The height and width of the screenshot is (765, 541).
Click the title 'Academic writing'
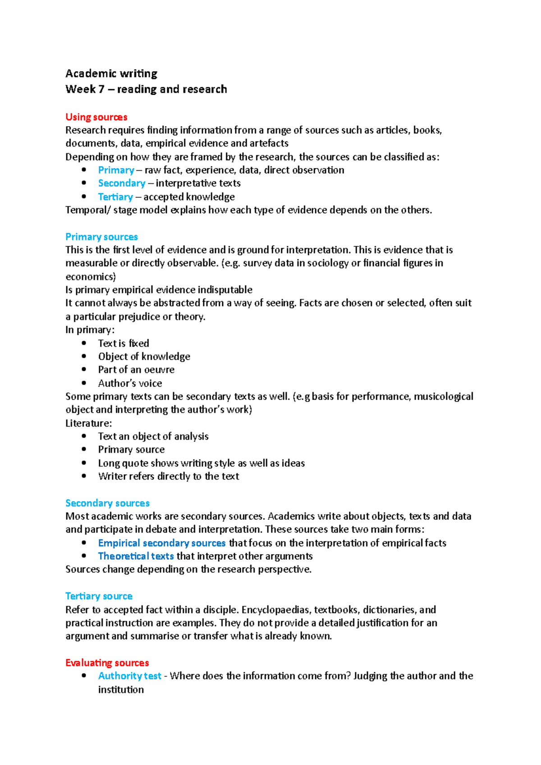[x=111, y=73]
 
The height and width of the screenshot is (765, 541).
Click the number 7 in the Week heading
[x=101, y=89]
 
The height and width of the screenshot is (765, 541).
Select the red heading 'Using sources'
[x=96, y=117]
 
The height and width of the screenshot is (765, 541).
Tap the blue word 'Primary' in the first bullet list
[x=116, y=170]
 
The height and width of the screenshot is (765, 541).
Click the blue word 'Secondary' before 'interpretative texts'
[x=122, y=183]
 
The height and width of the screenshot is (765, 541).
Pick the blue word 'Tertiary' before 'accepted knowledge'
[x=115, y=197]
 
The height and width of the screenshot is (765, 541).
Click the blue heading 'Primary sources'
[x=101, y=237]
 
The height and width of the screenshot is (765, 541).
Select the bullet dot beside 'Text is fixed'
[x=84, y=343]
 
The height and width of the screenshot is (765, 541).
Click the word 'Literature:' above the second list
[x=88, y=423]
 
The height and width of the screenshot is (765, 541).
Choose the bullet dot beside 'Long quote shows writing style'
[x=84, y=463]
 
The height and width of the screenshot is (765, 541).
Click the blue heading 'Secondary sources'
[x=107, y=503]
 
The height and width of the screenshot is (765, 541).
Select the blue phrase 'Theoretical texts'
[x=136, y=556]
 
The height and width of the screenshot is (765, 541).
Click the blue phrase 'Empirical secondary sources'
[x=161, y=543]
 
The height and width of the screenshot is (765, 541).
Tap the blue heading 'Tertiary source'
[x=99, y=597]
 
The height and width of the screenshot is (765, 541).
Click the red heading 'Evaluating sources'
[x=107, y=663]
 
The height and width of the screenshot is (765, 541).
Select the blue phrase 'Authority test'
[x=129, y=676]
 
